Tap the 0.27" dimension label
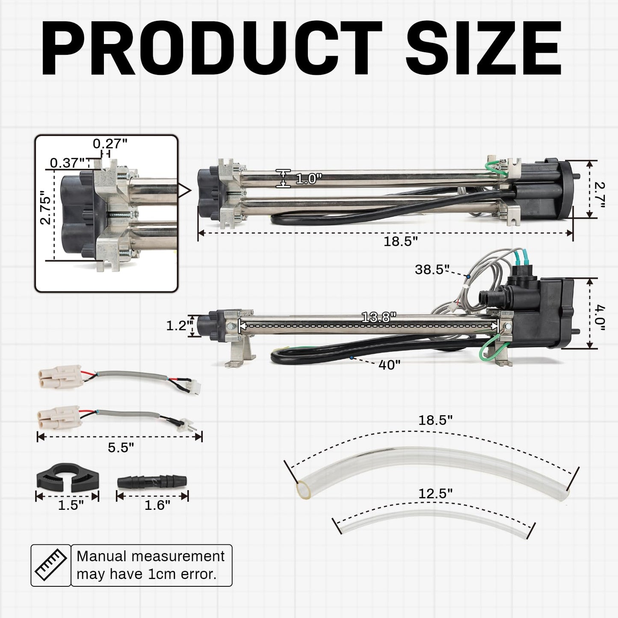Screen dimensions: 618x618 click(x=110, y=144)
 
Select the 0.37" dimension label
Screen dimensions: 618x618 click(x=67, y=163)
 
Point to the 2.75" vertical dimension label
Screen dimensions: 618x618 click(x=45, y=207)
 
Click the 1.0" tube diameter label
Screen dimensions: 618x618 click(x=308, y=179)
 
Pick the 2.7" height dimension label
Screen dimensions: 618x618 click(x=599, y=194)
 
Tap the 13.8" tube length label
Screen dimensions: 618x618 click(x=379, y=317)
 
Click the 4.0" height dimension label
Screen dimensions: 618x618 click(x=599, y=318)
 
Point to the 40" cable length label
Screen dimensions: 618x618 click(x=390, y=365)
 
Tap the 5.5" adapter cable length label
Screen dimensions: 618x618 click(x=121, y=447)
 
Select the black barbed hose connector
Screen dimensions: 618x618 click(x=152, y=482)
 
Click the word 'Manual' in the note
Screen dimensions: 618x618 click(x=102, y=556)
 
